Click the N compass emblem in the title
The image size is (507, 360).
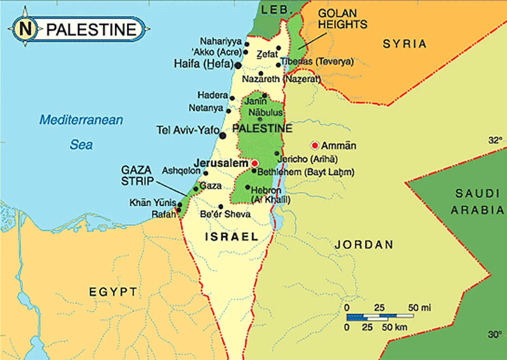(25, 29)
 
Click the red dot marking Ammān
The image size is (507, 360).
(315, 145)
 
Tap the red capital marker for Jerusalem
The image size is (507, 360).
(254, 164)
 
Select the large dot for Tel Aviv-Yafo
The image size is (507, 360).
(223, 136)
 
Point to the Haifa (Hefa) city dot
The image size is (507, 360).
(238, 66)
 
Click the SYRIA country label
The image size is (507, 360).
(404, 44)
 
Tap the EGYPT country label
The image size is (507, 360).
(113, 292)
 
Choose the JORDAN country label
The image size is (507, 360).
(364, 245)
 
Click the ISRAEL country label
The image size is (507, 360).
(232, 237)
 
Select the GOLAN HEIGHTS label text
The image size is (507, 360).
(342, 19)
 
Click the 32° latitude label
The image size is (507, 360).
(495, 140)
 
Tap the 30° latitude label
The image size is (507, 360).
(495, 334)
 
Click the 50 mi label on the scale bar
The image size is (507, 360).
(419, 308)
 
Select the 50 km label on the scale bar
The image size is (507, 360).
(394, 327)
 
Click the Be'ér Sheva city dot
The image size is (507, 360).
(221, 207)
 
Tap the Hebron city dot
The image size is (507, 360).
(247, 187)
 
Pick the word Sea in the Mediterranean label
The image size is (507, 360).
(81, 145)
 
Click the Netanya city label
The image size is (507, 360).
(206, 108)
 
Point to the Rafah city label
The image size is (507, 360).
(164, 215)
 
